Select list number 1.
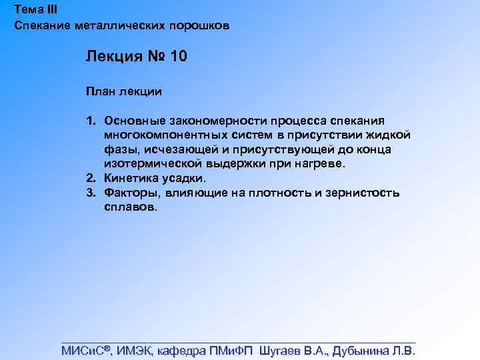click(x=90, y=121)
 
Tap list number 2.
click(x=90, y=179)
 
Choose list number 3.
click(x=90, y=193)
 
